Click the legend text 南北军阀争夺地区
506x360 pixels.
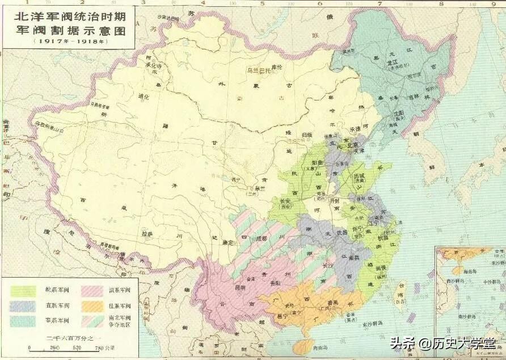tap(119, 321)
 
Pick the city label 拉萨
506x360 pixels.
tap(147, 233)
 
